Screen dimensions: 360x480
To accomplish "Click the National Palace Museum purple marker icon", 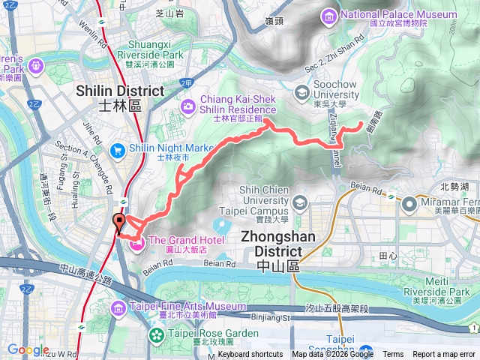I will [x=328, y=15].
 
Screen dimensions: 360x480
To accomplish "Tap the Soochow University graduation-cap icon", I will [x=301, y=92].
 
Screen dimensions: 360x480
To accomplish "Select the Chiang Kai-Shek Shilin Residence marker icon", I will [x=187, y=105].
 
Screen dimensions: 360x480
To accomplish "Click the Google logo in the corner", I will [x=28, y=350].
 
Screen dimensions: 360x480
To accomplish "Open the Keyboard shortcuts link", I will [x=250, y=355].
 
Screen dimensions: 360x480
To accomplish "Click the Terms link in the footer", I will [x=393, y=355].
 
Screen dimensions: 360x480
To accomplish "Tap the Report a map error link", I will [x=444, y=355].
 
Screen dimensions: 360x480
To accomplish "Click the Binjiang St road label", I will [x=270, y=317].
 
